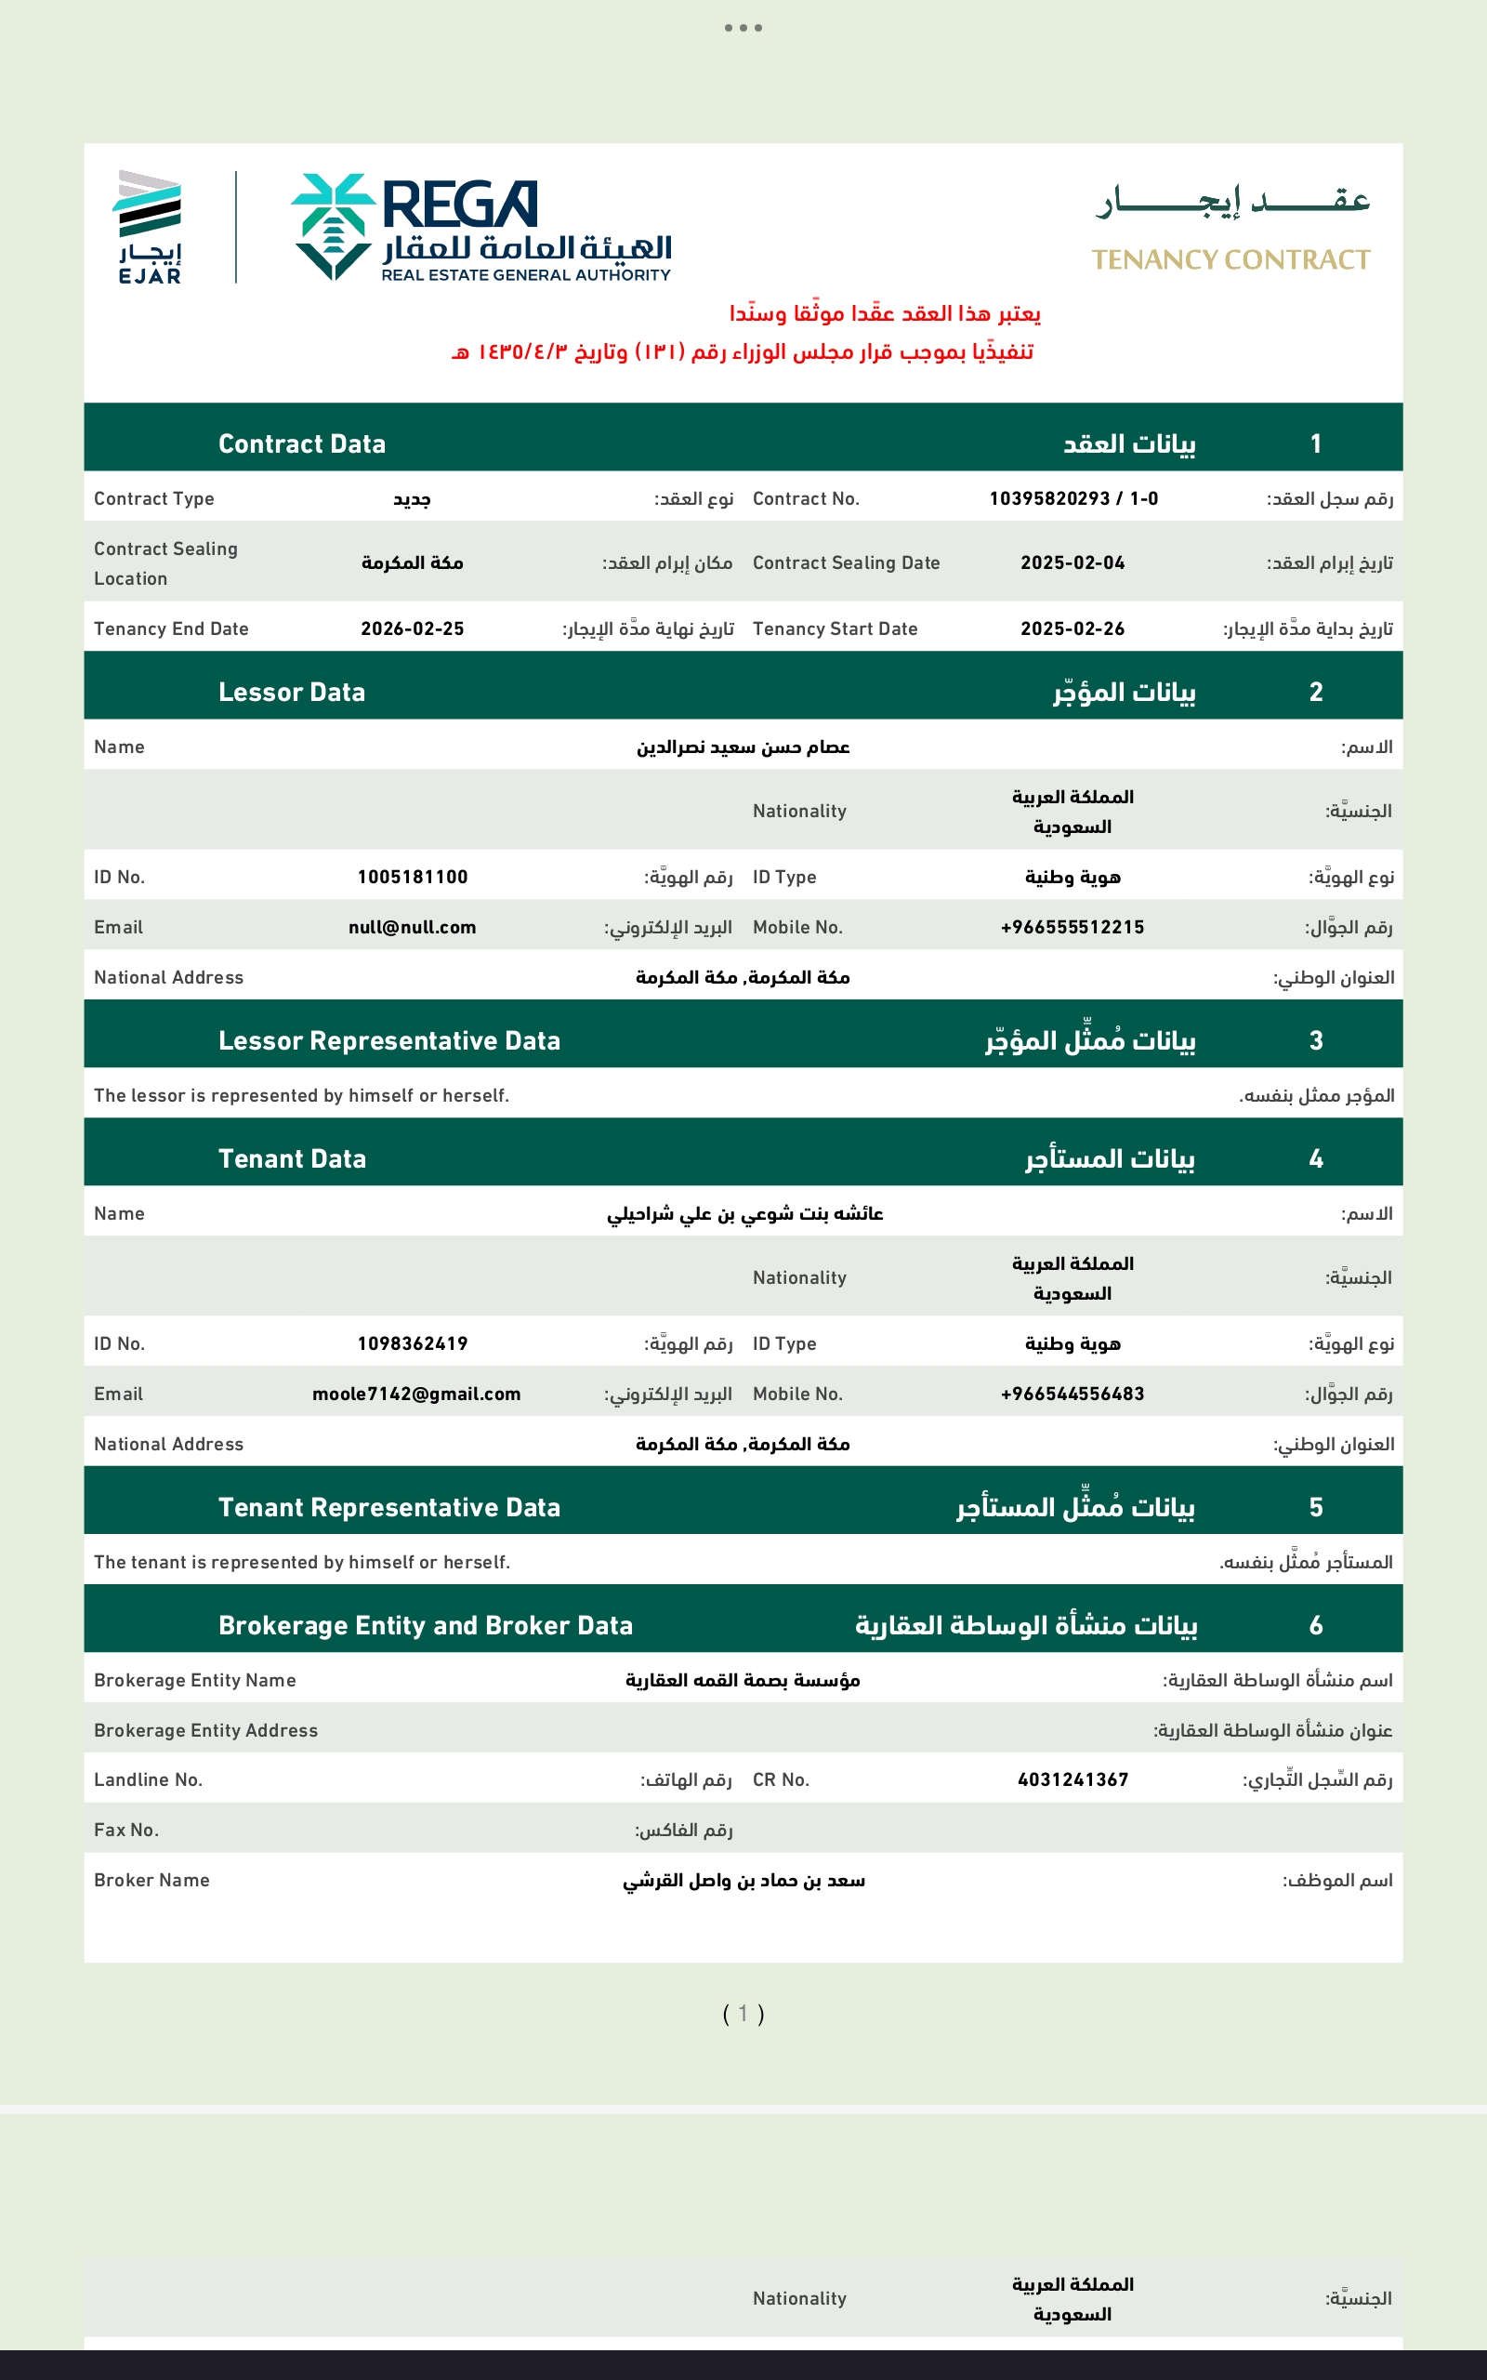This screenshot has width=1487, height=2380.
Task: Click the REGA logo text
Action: pos(458,205)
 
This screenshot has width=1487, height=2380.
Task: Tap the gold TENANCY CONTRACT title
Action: pos(1230,259)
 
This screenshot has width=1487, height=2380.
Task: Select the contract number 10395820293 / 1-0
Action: pos(1072,498)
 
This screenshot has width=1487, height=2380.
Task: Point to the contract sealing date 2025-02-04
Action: pos(1072,562)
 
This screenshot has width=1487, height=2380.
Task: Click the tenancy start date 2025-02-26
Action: pos(1072,628)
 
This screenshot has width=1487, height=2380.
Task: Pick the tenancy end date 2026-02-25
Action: pos(412,628)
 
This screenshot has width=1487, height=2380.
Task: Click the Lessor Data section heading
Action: pos(291,693)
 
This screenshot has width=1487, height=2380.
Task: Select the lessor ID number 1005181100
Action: pos(412,878)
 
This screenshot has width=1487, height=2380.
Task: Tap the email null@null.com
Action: pos(412,928)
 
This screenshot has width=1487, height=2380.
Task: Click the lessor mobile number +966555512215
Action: pos(1072,928)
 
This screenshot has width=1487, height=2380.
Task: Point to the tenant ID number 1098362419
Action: pos(412,1343)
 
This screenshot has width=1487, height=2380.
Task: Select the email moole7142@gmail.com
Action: pos(416,1394)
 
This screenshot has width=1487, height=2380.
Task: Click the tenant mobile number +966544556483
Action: pos(1072,1394)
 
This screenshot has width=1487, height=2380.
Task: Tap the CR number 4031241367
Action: pos(1072,1779)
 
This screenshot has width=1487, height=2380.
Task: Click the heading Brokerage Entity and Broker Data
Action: pos(425,1626)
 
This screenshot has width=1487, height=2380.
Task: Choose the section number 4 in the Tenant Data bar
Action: pos(1316,1158)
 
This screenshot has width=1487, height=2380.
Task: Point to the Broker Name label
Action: pos(151,1880)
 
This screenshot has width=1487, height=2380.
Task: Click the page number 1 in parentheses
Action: pos(743,2013)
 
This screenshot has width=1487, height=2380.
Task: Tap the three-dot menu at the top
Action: pos(743,28)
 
